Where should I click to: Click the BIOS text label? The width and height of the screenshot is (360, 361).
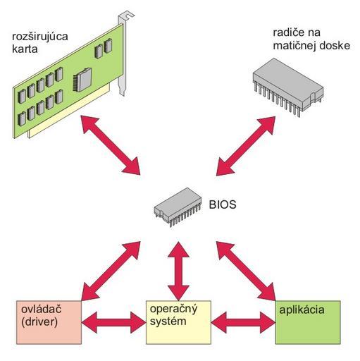[223, 204]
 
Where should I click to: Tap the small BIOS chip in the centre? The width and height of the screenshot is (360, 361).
[178, 207]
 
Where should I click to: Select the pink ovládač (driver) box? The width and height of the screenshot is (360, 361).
[49, 322]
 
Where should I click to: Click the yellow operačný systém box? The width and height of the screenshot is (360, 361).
[178, 322]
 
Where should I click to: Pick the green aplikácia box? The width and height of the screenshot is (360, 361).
[308, 322]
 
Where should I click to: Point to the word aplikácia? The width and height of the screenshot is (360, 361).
[302, 310]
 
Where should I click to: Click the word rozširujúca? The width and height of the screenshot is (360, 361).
[40, 37]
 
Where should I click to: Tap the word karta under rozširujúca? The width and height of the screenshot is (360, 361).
[25, 49]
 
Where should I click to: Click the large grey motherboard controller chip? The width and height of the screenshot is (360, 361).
[288, 87]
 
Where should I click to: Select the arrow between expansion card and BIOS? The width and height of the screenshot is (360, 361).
[111, 145]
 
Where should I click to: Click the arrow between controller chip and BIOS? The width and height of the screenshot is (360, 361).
[245, 146]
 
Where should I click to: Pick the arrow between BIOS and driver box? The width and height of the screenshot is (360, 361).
[111, 271]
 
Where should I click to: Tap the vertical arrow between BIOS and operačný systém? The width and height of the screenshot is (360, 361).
[178, 271]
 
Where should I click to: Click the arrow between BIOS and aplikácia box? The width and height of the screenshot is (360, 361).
[246, 271]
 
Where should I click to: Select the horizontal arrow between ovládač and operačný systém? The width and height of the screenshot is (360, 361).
[114, 322]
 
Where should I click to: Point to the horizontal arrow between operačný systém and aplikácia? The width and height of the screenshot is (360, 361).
[243, 322]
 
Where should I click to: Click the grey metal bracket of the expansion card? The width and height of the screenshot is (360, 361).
[123, 54]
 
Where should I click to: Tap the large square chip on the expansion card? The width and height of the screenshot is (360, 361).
[82, 80]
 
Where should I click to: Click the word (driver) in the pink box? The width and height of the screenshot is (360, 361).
[39, 322]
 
